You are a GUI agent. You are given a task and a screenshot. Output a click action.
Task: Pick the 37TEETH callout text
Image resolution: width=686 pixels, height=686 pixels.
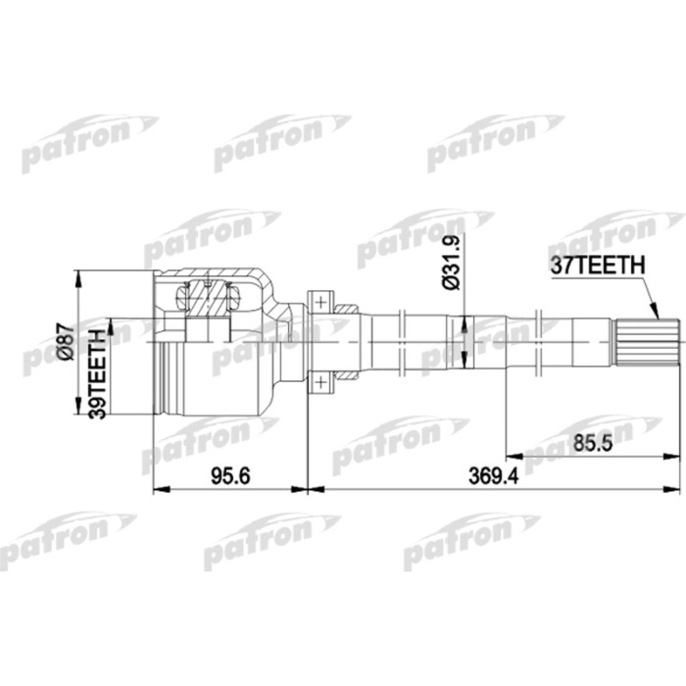(x=597, y=266)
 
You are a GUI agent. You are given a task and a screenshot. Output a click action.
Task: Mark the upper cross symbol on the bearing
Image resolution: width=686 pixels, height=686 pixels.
(x=319, y=301)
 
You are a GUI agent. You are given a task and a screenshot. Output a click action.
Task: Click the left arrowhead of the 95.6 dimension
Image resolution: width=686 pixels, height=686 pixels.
(x=160, y=487)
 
